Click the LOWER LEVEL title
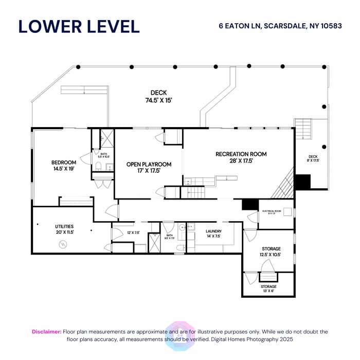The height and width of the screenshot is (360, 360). pos(79,26)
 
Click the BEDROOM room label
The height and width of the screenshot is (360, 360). pos(64,163)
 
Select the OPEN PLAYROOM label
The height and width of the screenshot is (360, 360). pos(149,164)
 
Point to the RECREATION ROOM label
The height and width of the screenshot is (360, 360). pos(241,154)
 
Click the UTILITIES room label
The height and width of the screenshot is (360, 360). pos(65,226)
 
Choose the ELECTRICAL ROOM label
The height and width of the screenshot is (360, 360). pos(272,211)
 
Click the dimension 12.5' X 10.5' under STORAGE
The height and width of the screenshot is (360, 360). pos(270,255)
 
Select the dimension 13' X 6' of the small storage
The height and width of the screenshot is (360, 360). pos(268,291)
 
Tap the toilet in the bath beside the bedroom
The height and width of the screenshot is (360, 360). pos(98,166)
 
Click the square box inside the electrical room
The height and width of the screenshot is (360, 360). pos(287,211)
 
